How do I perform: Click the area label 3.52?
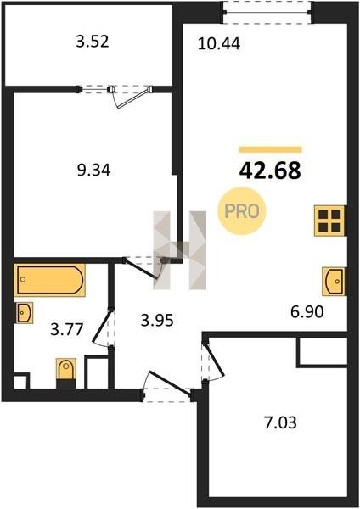(x=93, y=42)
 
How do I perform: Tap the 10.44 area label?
(x=219, y=43)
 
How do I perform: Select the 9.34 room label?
(x=93, y=171)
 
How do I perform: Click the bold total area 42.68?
(x=270, y=171)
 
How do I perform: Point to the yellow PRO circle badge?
(x=242, y=211)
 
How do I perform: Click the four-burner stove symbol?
(x=329, y=221)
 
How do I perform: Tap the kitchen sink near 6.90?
(x=334, y=281)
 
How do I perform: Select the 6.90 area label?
(x=307, y=312)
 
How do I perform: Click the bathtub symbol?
(x=50, y=280)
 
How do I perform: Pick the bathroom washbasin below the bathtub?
(x=24, y=313)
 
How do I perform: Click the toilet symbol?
(x=66, y=373)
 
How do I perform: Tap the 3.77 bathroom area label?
(x=67, y=329)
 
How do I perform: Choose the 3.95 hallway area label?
(x=157, y=321)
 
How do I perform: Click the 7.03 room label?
(x=281, y=423)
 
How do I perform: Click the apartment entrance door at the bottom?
(x=167, y=384)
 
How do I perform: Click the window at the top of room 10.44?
(x=267, y=13)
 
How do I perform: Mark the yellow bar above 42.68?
(x=270, y=149)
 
